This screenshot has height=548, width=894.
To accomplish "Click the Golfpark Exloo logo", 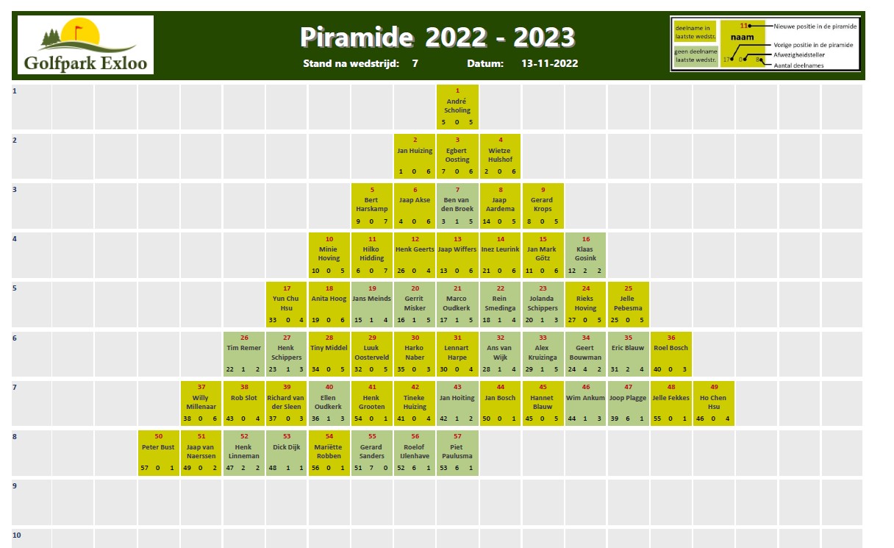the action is (x=85, y=45).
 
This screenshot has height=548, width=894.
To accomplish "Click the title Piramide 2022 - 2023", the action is (x=437, y=37).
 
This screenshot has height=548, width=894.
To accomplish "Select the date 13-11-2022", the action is (x=550, y=63).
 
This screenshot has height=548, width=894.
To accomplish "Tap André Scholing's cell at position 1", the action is (x=457, y=107).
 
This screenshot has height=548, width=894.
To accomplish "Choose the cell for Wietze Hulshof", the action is (x=500, y=156).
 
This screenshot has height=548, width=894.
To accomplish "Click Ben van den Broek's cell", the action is (x=457, y=206).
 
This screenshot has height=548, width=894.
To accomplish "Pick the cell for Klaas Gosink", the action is (x=585, y=255).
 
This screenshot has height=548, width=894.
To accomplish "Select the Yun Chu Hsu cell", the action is (x=286, y=305).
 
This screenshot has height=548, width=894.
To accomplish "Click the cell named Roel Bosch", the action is (x=671, y=354).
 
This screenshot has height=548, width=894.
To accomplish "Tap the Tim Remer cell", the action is (x=244, y=354).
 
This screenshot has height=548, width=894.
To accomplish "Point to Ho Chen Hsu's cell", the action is (x=714, y=403).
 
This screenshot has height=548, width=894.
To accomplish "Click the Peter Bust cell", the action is (x=159, y=453).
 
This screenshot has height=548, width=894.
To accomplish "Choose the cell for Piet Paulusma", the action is (x=457, y=453).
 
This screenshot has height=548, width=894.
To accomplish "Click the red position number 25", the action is (x=628, y=288).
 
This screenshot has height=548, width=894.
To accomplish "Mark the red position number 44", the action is (x=501, y=387).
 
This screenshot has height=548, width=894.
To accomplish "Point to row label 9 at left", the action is (x=15, y=486).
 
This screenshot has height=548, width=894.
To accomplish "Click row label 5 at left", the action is (x=15, y=288).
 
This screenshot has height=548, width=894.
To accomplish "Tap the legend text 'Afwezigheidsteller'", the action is (x=799, y=55).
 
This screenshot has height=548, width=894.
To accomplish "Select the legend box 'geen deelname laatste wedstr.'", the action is (x=695, y=55).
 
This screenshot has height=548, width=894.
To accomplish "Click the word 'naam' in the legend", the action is (x=743, y=37).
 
